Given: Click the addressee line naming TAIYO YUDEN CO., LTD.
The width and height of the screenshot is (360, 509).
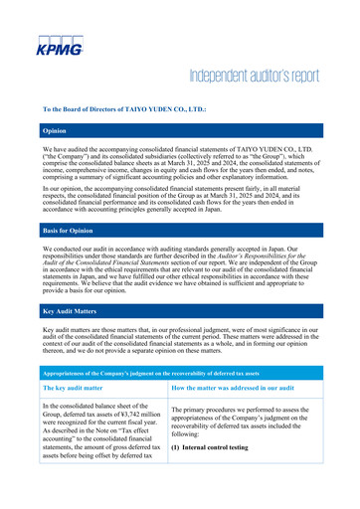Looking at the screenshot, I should (124, 107).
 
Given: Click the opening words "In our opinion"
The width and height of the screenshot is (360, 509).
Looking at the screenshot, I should (65, 185).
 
